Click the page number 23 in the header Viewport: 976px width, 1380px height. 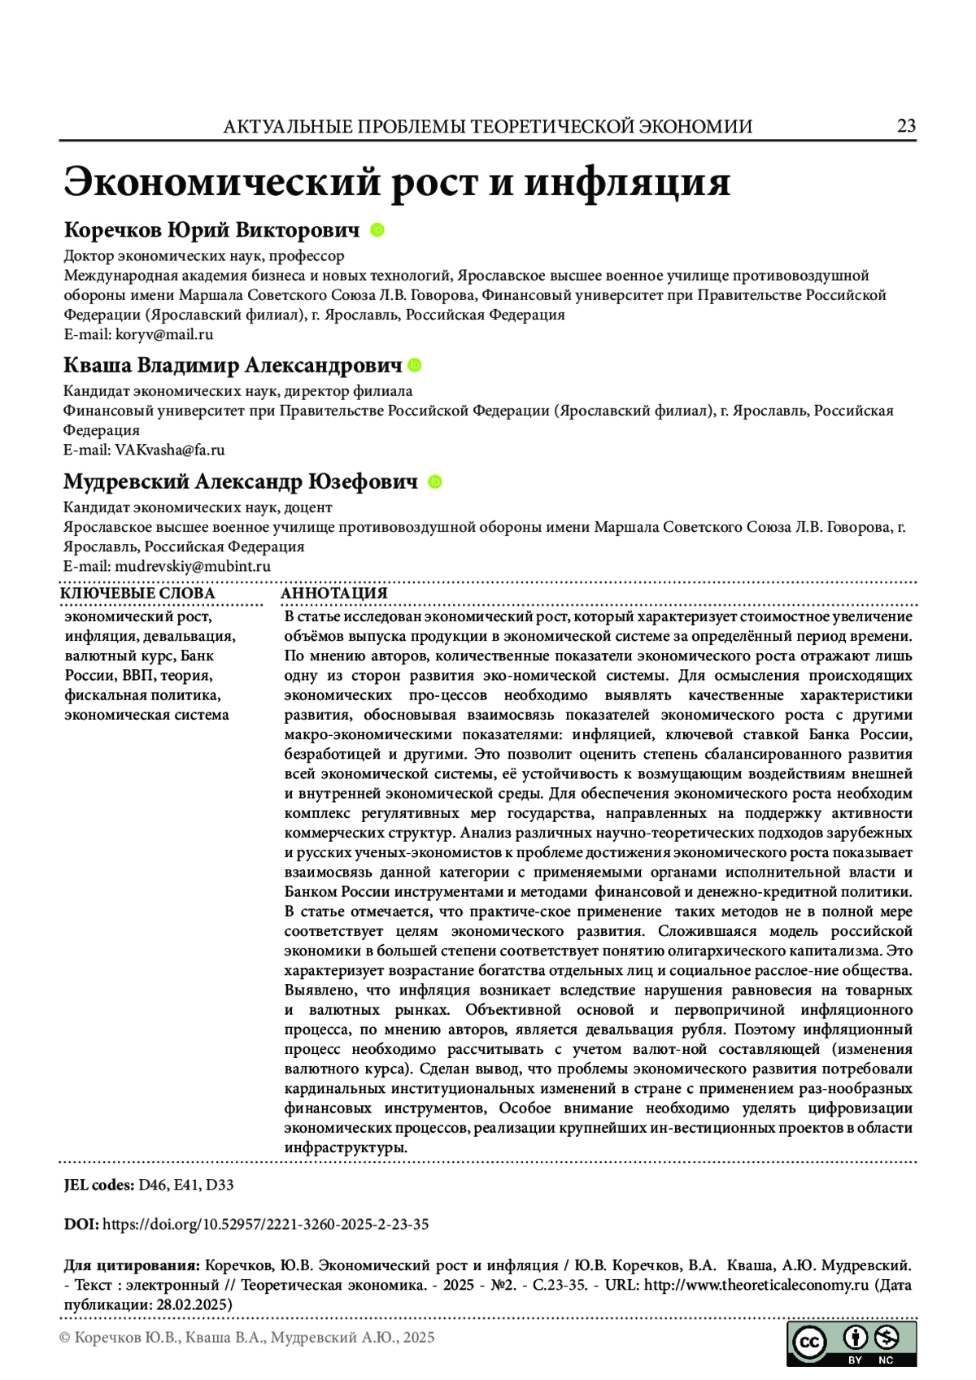tap(906, 125)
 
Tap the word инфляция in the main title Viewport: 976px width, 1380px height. tap(626, 181)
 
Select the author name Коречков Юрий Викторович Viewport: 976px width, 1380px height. tap(211, 230)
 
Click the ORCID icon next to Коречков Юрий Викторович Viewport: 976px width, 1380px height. tap(377, 230)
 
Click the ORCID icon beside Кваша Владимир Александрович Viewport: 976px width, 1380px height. tap(415, 366)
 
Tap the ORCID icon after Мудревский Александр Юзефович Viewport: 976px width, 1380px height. tap(435, 482)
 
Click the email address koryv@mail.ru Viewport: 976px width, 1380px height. tap(164, 334)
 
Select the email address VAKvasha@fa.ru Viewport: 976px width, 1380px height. tap(170, 450)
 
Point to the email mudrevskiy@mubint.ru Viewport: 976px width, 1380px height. tap(193, 567)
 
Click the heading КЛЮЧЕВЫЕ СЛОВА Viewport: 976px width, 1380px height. tap(138, 594)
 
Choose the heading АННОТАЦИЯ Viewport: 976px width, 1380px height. tap(334, 594)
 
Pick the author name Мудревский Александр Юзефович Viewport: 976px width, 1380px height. tap(241, 482)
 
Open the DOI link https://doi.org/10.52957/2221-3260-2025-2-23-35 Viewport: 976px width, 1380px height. tap(266, 1224)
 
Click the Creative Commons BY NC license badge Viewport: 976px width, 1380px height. tap(851, 1343)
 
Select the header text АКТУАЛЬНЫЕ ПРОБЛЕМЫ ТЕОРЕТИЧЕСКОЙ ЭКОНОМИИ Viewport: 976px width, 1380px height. tap(488, 127)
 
